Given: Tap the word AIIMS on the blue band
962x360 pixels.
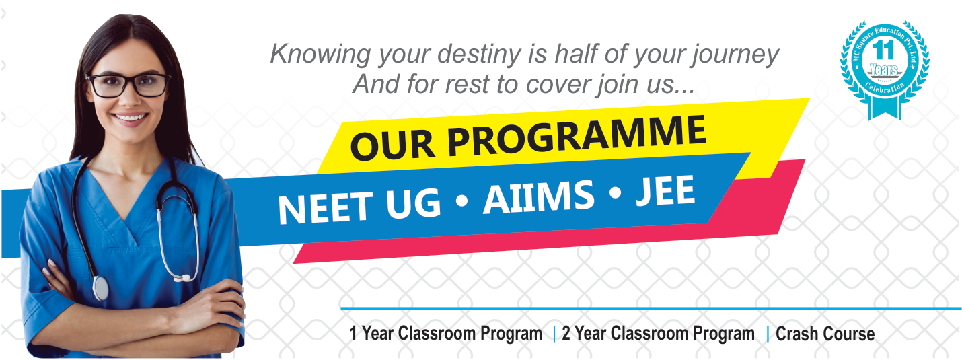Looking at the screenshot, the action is coord(540,197).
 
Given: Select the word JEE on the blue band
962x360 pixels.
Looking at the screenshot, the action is coord(665,190).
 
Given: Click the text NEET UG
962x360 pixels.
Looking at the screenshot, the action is coord(359,207).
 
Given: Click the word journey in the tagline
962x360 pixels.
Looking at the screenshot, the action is coord(735,55).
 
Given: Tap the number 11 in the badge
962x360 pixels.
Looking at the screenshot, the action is coord(883,50).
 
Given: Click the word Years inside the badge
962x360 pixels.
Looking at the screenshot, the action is coord(884,70).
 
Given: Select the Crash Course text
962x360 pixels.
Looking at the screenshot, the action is coord(825,334).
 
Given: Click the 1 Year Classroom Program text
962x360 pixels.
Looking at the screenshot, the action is coord(446,333).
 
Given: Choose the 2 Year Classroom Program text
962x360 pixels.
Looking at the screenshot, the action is coord(658,333).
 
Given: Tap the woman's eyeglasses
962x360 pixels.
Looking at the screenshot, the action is coord(128,85).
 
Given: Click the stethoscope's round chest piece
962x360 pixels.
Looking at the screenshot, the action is coord(100,288).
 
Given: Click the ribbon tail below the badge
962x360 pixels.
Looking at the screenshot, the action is coord(885,108).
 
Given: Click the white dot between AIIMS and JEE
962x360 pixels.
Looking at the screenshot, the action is coord(616,194).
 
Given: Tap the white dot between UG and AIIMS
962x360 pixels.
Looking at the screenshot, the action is coord(461,201).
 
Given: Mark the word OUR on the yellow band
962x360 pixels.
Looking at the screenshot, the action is coord(392,145).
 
